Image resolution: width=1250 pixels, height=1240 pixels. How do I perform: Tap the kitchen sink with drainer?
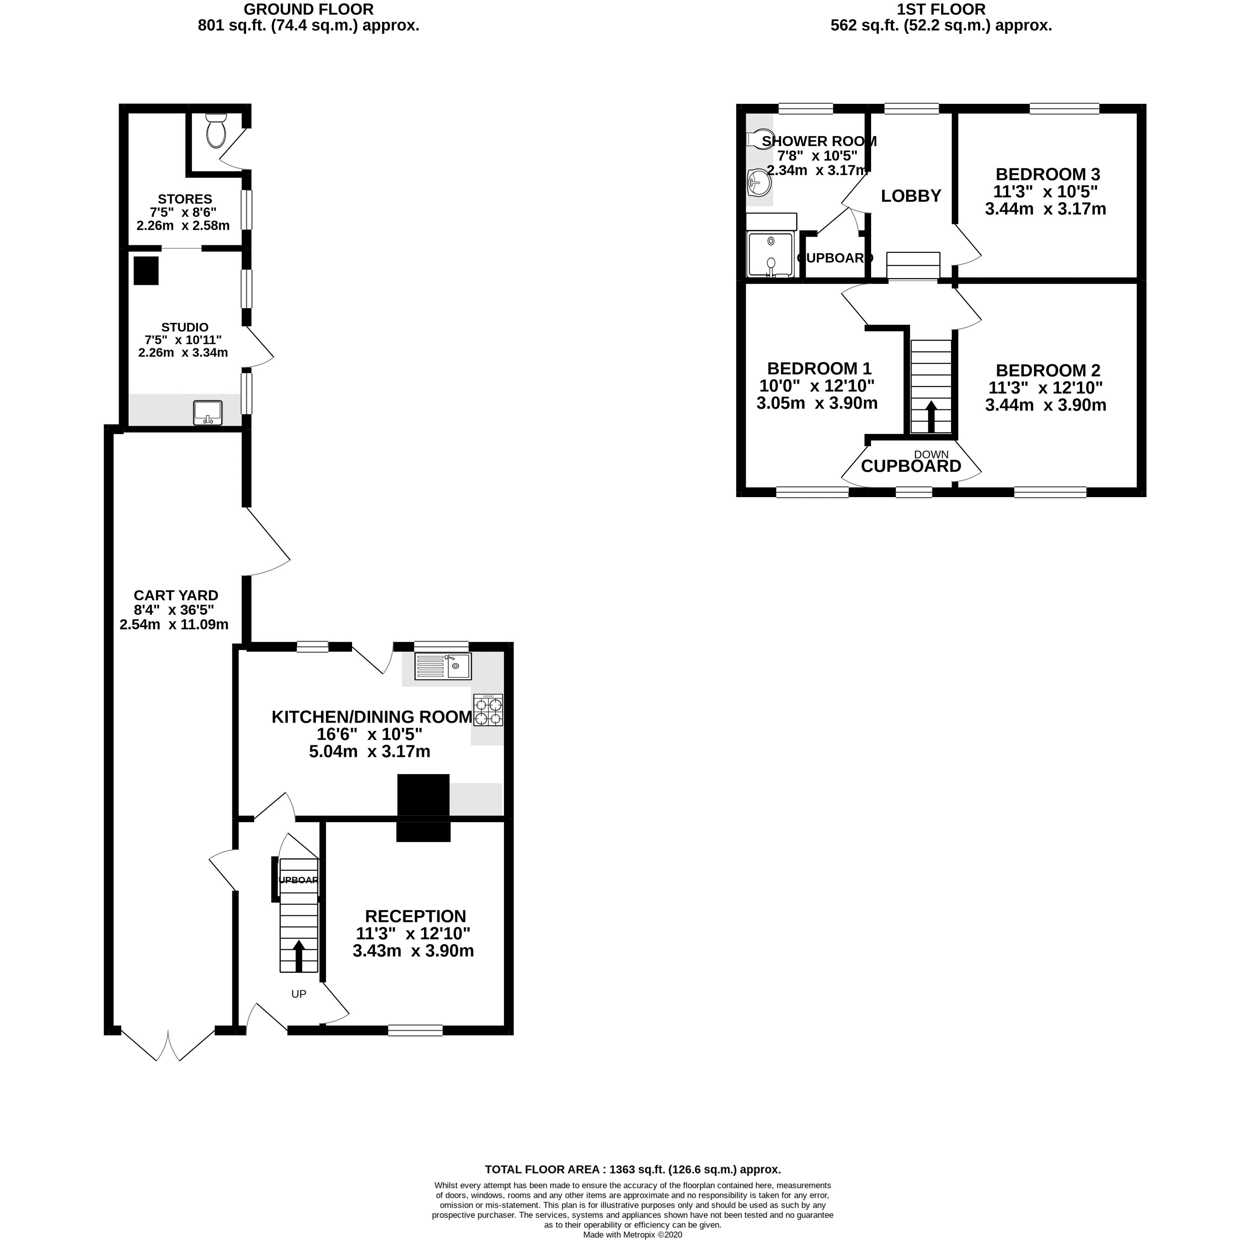click(444, 666)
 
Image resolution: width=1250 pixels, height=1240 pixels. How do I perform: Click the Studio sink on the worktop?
click(208, 413)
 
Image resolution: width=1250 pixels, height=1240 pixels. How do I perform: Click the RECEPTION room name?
click(415, 916)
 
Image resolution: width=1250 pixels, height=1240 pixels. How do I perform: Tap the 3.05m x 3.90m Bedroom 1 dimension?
click(817, 403)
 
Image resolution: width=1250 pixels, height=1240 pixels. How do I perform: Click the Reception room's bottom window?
click(415, 1031)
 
